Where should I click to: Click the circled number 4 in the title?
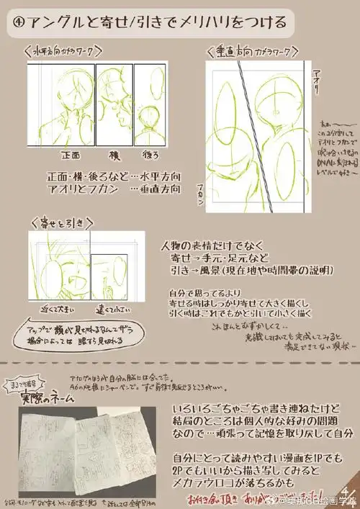pyautogui.click(x=19, y=22)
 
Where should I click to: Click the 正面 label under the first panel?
pyautogui.click(x=71, y=155)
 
